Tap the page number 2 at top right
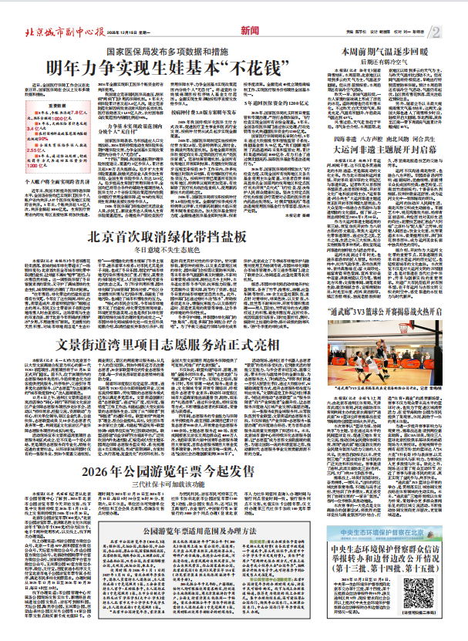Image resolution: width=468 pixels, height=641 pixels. [x=456, y=32]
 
